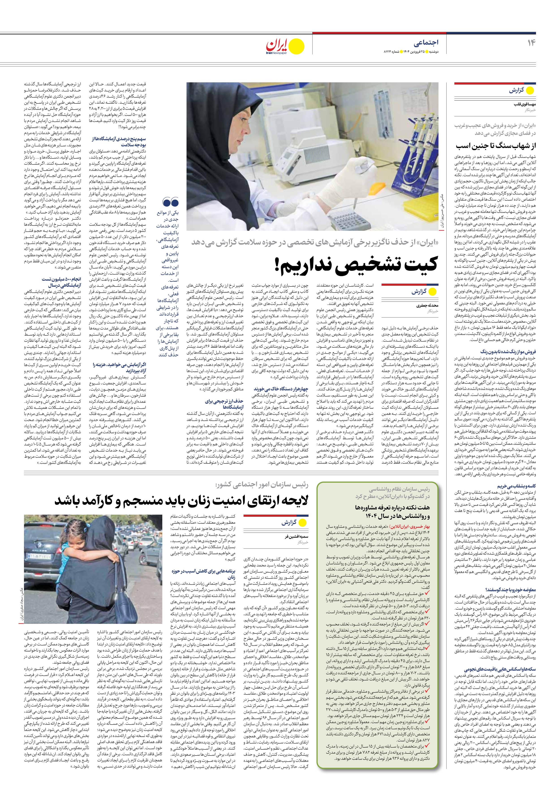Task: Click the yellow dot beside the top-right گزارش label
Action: tap(530, 91)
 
